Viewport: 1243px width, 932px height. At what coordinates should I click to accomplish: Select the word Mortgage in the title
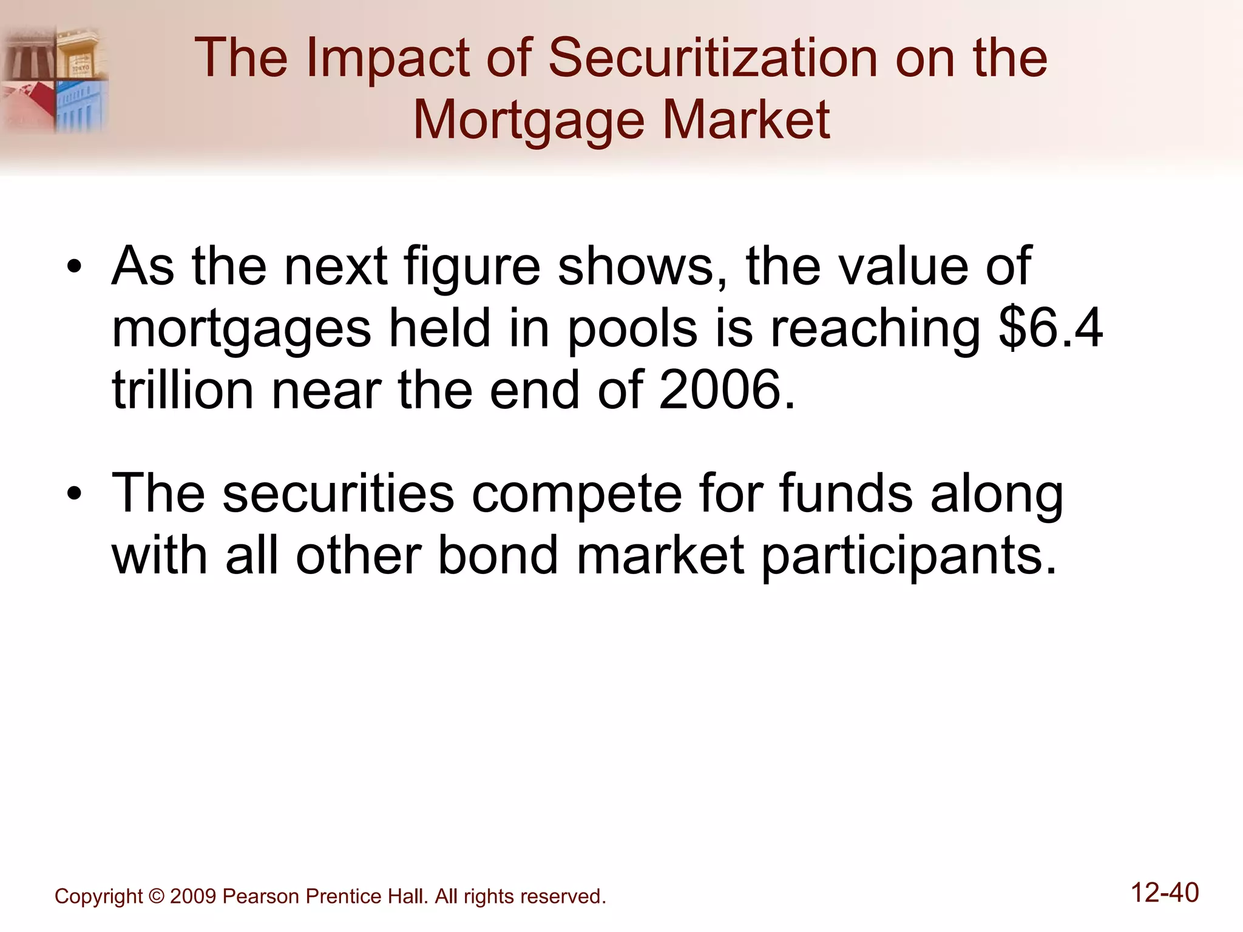528,120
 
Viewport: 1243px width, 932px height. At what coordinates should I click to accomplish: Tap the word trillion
183,390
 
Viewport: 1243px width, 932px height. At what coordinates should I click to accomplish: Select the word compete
577,493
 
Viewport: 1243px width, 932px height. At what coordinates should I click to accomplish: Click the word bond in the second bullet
498,555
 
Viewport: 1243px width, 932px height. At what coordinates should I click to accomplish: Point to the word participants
909,556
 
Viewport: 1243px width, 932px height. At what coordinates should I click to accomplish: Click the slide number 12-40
1165,893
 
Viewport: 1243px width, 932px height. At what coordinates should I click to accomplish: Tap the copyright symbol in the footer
156,897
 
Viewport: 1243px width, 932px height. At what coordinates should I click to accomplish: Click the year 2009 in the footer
193,897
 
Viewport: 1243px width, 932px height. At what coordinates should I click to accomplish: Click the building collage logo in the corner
55,79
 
